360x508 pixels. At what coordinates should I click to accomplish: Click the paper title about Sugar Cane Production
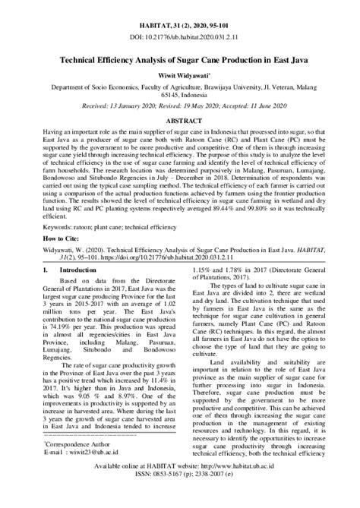click(179, 59)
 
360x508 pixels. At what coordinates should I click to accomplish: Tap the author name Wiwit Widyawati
click(179, 75)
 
